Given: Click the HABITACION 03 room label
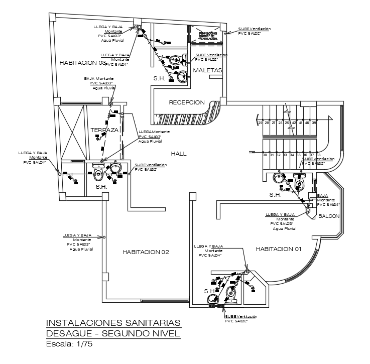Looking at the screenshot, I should point(83,63).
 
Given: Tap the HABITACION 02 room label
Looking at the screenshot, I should point(146,252).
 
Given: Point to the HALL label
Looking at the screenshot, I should point(178,153).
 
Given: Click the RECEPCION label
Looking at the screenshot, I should point(187,102).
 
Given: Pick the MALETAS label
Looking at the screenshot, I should point(207,71).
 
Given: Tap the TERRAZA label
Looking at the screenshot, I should point(104,130).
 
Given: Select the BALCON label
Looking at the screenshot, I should point(329,216).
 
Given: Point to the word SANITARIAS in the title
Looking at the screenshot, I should point(156,323).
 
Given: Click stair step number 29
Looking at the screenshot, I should point(260,123).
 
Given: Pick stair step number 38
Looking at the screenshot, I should point(318,155).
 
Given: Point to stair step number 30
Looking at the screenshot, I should point(265,155).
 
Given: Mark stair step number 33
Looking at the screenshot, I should point(285,155).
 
